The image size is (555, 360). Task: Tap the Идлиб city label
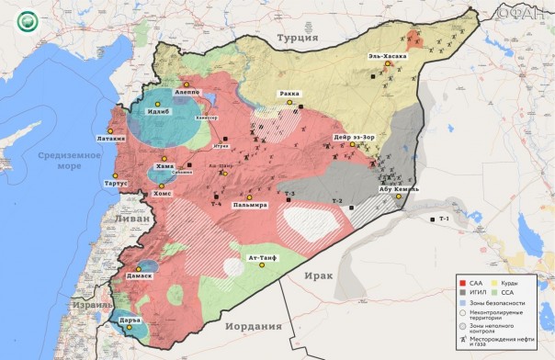[159, 113]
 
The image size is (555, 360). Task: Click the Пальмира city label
[249, 206]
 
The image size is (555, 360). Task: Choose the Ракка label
[290, 94]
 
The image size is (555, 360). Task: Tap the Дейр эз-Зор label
[352, 139]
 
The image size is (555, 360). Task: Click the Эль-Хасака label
[388, 55]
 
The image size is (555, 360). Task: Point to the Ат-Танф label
[264, 259]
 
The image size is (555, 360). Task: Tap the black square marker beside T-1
[432, 219]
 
